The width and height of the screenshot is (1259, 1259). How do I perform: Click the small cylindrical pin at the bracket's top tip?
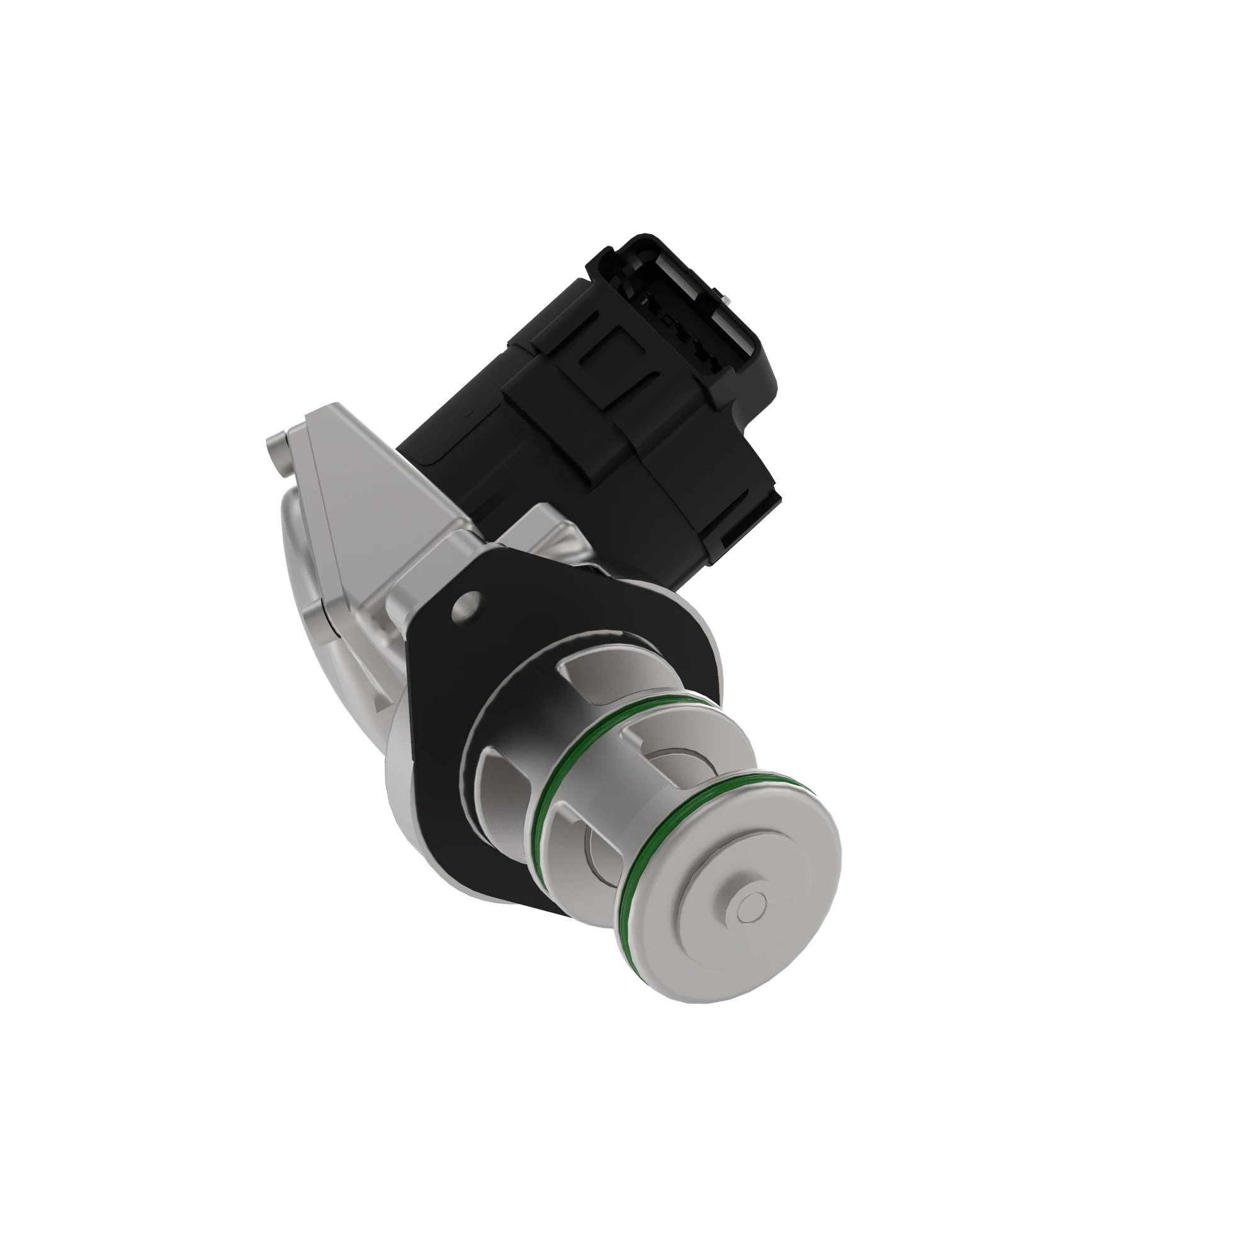[277, 449]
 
